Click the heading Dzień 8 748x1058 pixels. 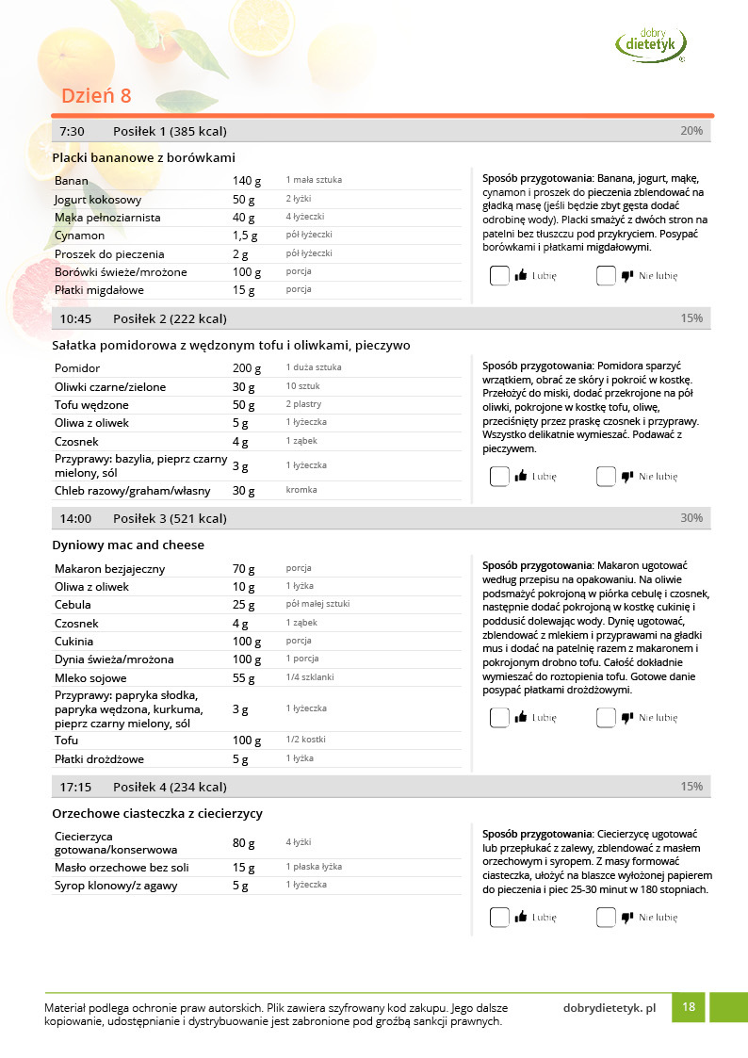96,96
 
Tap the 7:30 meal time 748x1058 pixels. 73,131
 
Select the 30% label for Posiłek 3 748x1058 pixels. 691,518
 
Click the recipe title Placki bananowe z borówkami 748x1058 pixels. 143,157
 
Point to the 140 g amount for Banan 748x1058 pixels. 246,181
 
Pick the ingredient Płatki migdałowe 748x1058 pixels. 99,290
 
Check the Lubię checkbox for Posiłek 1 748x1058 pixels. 499,276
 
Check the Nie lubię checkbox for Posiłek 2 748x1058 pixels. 606,477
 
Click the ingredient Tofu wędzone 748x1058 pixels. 91,405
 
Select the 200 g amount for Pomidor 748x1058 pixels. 246,368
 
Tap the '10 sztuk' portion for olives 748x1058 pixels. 304,387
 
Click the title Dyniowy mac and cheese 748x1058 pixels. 128,545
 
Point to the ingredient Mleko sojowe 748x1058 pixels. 94,678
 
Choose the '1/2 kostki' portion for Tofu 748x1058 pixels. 307,741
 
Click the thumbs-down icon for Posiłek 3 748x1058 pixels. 627,718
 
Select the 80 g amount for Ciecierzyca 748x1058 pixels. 244,842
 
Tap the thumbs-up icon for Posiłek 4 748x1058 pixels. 521,917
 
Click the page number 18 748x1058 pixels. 689,1007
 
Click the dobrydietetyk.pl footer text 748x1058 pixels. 609,1008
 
